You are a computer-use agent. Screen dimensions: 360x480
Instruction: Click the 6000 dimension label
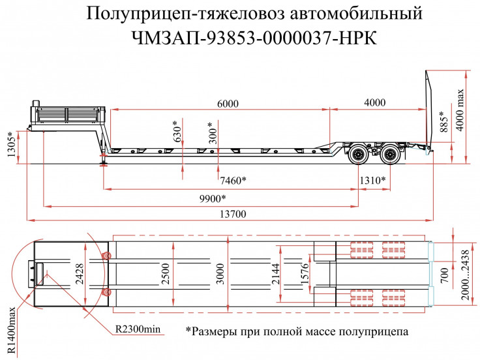[x=228, y=103]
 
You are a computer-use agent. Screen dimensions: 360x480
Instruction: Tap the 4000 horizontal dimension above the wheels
[x=375, y=103]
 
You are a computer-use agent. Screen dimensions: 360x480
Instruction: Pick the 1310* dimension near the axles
[x=372, y=180]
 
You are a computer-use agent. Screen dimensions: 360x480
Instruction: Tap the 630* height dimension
[x=175, y=132]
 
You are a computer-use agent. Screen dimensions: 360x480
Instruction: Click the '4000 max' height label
[x=461, y=110]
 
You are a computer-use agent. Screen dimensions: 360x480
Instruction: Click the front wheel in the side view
[x=357, y=155]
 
